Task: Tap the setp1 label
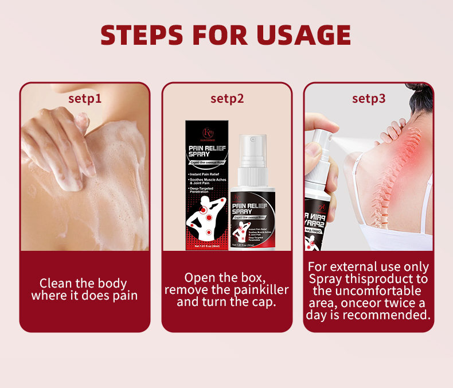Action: tap(85, 98)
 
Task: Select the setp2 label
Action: tap(227, 98)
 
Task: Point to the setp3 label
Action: tap(369, 98)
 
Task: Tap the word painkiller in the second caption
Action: tap(258, 289)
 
